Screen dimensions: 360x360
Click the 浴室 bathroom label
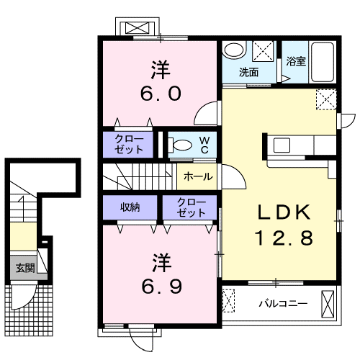[296, 61]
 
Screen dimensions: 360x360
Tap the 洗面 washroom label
[248, 72]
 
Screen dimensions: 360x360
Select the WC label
[204, 145]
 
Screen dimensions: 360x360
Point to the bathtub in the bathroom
[323, 63]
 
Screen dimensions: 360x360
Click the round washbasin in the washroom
[233, 49]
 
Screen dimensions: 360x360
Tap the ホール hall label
[198, 176]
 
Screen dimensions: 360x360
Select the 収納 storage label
[130, 207]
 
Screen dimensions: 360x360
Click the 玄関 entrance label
[25, 268]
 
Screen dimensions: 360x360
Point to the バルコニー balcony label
[283, 304]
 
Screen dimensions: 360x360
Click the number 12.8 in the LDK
[284, 238]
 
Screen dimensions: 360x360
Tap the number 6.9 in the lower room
[161, 287]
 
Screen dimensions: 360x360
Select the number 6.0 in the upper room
[161, 94]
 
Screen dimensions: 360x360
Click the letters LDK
[284, 212]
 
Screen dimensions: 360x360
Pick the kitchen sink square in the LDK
[282, 145]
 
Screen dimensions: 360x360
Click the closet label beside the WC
[129, 144]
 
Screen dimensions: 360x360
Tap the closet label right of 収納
[192, 208]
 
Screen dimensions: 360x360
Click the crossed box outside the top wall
[137, 28]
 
